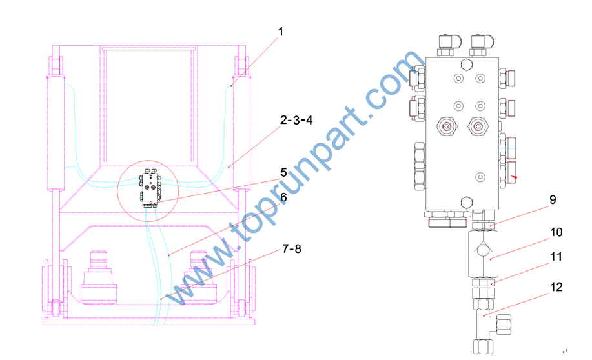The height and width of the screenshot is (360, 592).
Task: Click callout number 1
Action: point(281,32)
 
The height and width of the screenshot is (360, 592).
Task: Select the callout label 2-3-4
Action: point(296,120)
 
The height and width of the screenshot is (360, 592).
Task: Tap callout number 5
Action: point(284,172)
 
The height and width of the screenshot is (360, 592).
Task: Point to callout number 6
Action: point(284,197)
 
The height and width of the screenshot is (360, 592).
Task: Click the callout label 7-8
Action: point(292,248)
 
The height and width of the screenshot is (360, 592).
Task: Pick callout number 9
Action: point(553,199)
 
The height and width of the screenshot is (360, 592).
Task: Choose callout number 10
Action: point(556,232)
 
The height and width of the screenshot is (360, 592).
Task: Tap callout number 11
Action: point(556,257)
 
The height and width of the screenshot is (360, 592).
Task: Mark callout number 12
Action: point(556,287)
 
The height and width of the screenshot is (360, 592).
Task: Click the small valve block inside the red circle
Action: point(151,189)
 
